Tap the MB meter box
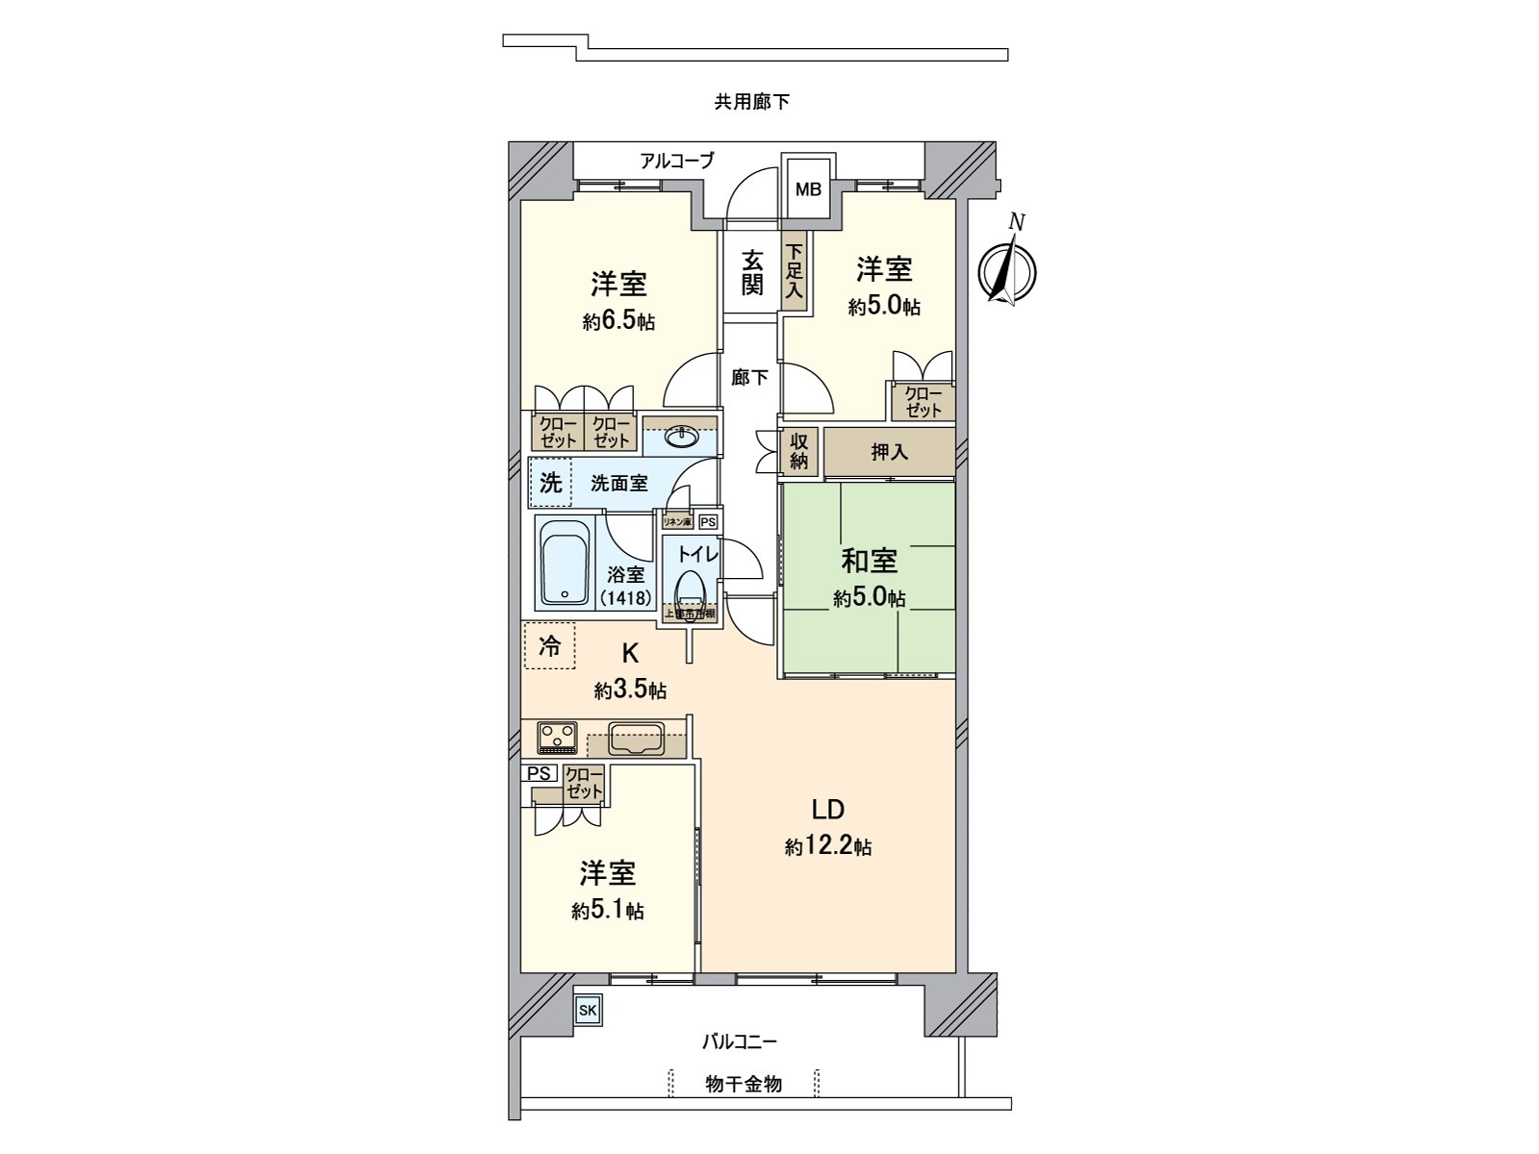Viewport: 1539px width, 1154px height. click(808, 189)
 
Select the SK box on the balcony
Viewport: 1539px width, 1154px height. click(588, 1011)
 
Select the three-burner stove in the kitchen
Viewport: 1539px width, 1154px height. click(557, 737)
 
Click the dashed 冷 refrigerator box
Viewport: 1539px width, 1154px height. click(549, 645)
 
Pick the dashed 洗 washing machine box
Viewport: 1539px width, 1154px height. click(550, 482)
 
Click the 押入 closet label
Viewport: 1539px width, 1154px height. click(889, 451)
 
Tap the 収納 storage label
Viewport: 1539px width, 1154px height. click(799, 451)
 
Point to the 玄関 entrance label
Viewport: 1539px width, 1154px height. click(751, 272)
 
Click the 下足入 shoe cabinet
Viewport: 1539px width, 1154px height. click(794, 271)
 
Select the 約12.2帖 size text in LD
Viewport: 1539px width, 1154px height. click(827, 846)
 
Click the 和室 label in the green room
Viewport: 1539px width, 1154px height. click(869, 560)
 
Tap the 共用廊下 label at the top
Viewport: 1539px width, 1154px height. click(751, 101)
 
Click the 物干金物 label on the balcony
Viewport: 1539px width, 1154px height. click(743, 1084)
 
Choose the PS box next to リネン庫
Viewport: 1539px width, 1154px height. click(708, 521)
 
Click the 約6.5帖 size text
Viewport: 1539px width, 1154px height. click(618, 322)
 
